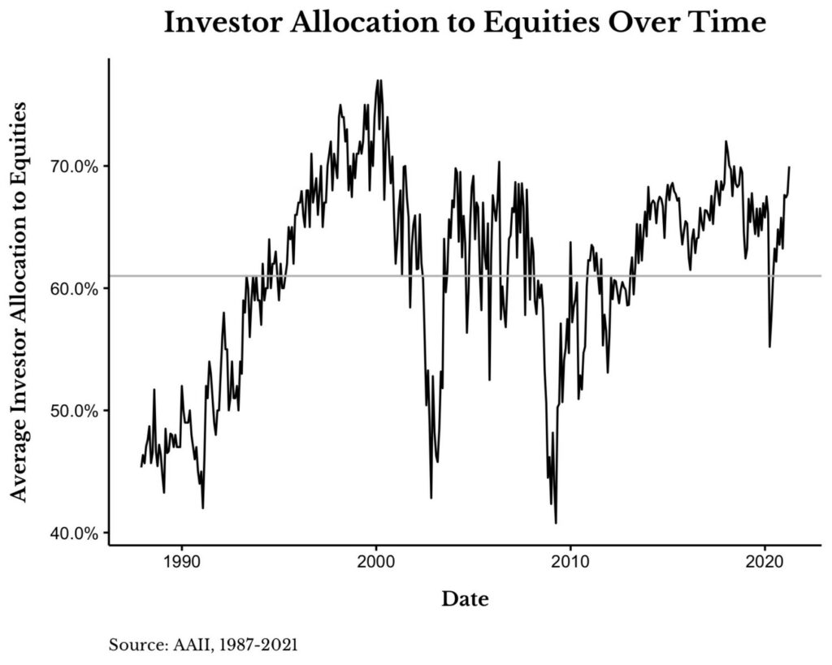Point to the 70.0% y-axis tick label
pos(76,166)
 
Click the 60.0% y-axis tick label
pos(76,289)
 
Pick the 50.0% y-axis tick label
pos(76,411)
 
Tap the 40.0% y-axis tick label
pos(76,533)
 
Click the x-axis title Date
pos(465,600)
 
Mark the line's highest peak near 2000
pos(378,80)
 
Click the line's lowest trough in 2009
pos(556,523)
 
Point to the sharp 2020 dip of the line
pos(769,347)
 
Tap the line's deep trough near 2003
pos(431,498)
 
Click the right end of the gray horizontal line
pos(820,276)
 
